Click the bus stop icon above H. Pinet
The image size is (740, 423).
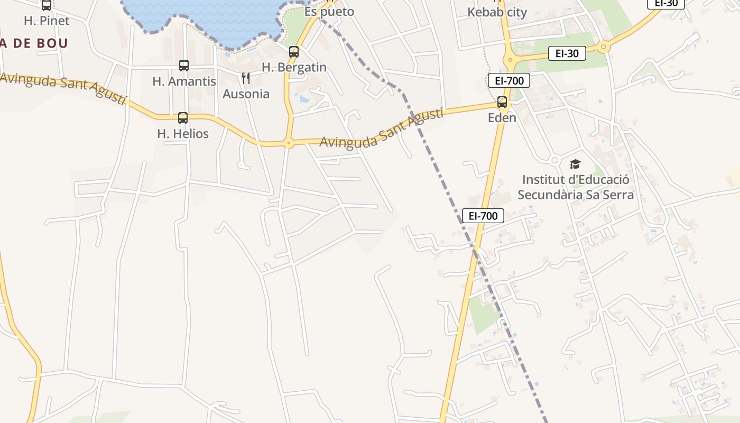47,5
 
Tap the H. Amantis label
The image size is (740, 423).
184,81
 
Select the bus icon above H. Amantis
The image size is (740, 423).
183,66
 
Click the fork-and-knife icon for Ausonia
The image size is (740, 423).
245,79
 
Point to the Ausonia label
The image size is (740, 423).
246,94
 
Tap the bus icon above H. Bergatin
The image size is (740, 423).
294,52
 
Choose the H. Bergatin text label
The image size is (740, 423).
294,68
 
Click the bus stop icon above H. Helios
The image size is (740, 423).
183,118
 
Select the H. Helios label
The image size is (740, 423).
183,134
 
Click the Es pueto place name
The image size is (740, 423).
329,12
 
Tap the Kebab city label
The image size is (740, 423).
497,12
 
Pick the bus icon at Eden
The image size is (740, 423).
502,102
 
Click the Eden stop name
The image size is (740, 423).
502,118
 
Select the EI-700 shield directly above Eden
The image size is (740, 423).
508,81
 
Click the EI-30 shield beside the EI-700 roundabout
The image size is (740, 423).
567,53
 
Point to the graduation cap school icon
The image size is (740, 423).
575,164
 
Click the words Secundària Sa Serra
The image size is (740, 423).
575,195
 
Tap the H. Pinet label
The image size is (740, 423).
47,21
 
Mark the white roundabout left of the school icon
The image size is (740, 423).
554,160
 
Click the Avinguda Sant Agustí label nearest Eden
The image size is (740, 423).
381,128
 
